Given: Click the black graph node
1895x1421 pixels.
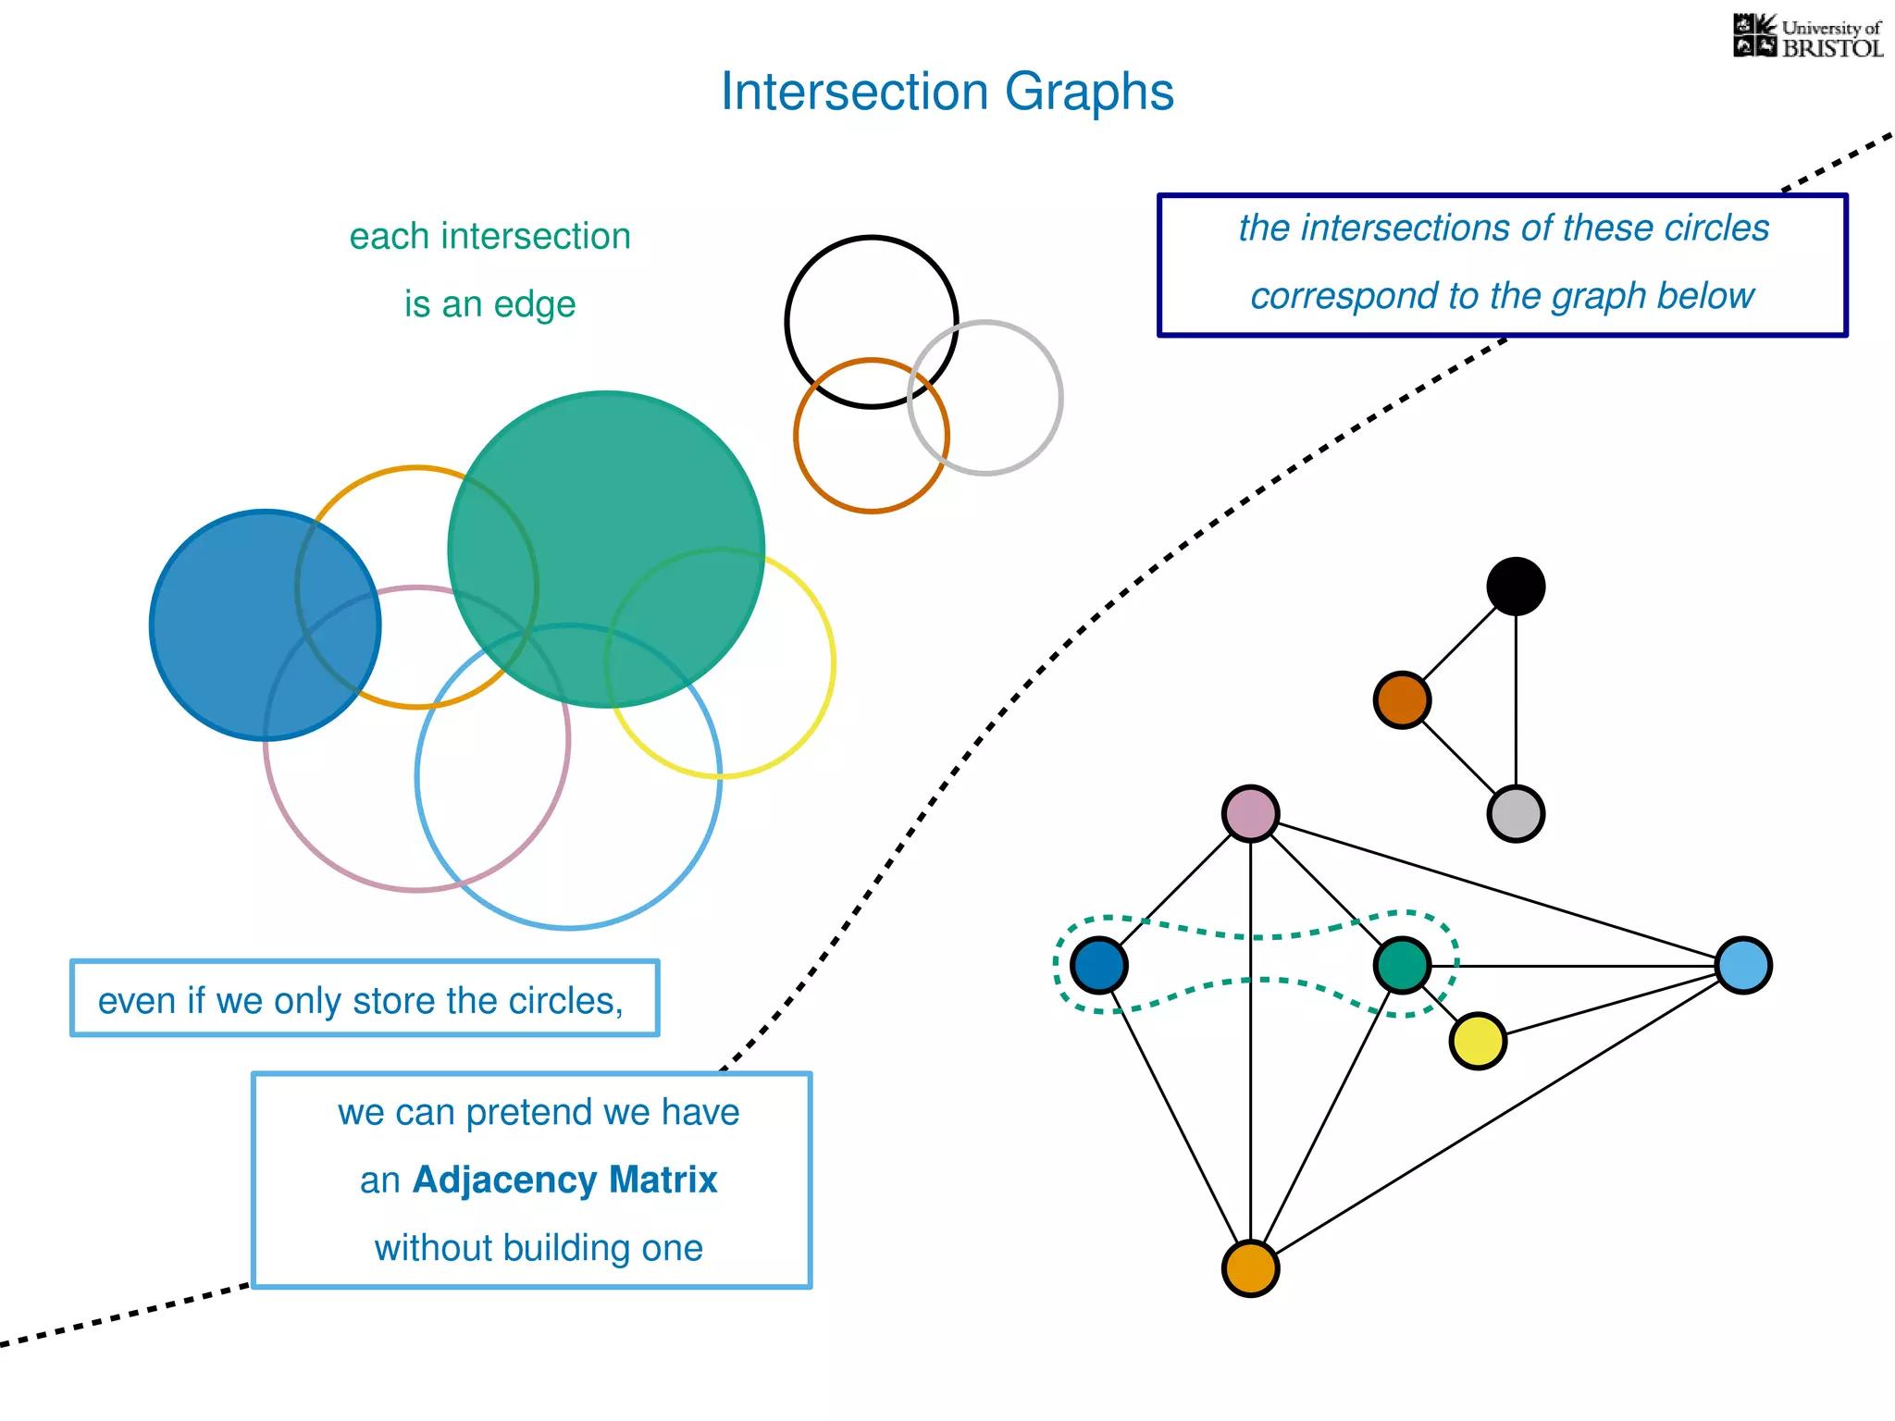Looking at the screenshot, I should (x=1516, y=587).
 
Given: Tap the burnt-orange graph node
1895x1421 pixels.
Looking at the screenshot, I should (x=1402, y=700).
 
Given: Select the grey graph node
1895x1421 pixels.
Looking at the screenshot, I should (x=1516, y=814).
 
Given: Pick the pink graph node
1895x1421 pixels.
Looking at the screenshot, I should (x=1250, y=814).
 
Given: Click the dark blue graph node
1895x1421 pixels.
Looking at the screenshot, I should (x=1098, y=966).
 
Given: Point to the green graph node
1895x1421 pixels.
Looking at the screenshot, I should (x=1402, y=966).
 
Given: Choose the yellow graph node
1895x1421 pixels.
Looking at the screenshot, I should (x=1478, y=1042).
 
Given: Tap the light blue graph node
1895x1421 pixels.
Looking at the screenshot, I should (x=1743, y=966).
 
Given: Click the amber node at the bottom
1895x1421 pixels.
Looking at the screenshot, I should (x=1250, y=1269).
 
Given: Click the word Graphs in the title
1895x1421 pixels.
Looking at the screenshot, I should (x=1089, y=93).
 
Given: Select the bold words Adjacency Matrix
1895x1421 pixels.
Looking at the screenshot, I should (x=564, y=1180).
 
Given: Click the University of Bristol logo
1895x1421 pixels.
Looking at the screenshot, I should (x=1807, y=37).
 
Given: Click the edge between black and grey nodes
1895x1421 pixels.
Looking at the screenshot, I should (x=1516, y=700).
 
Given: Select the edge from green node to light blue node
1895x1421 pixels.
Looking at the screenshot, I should (x=1573, y=966).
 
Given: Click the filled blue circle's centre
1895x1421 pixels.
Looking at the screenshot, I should (x=266, y=625).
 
